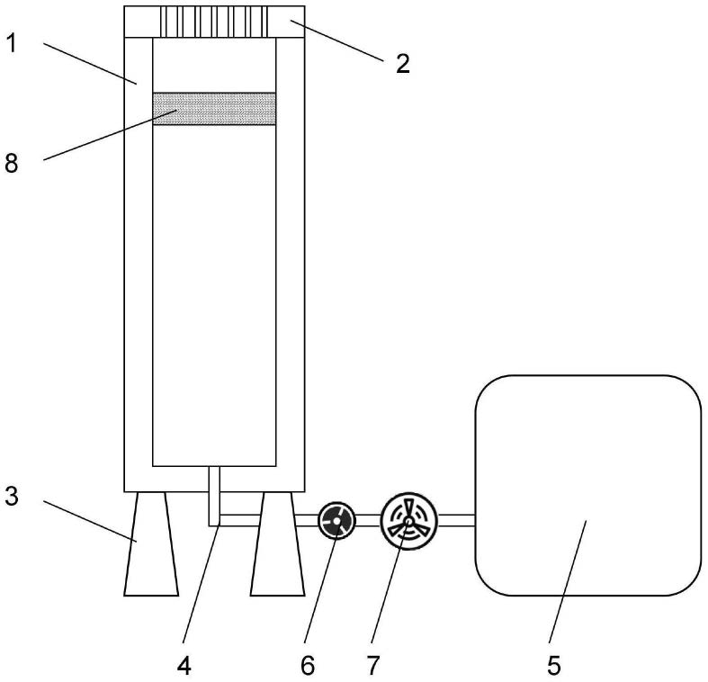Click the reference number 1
click(x=12, y=44)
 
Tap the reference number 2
click(x=403, y=63)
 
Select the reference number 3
click(x=12, y=496)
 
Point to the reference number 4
click(x=184, y=665)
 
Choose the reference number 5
click(x=554, y=665)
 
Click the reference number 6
click(x=308, y=665)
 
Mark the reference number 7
click(x=373, y=665)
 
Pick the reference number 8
click(x=12, y=163)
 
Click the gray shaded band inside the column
click(x=214, y=108)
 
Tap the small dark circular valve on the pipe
click(x=336, y=521)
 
